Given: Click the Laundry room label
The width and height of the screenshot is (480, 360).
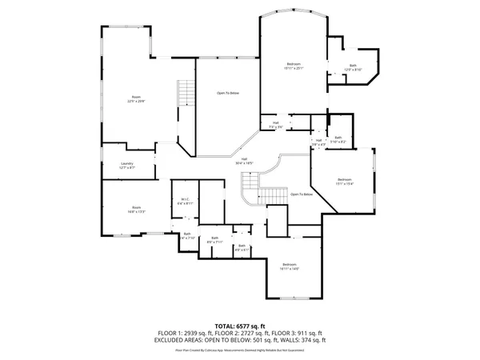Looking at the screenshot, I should [127, 166].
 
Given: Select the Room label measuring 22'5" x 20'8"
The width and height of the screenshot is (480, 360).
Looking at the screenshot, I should [135, 99].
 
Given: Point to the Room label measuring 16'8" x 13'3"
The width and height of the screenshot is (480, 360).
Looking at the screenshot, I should [136, 210].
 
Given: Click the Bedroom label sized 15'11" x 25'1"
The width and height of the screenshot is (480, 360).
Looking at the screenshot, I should [294, 66].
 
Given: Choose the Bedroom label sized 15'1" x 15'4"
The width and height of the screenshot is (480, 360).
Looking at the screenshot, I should [344, 181].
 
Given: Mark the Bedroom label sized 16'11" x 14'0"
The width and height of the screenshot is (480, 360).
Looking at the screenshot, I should [289, 266].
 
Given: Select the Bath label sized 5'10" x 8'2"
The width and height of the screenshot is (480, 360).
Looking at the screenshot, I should [338, 140].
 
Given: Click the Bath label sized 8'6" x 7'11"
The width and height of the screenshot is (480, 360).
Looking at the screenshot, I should [214, 240].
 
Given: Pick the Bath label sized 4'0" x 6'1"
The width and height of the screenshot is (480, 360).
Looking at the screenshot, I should [242, 248].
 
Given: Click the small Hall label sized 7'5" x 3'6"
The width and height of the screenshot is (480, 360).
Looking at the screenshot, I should [275, 125].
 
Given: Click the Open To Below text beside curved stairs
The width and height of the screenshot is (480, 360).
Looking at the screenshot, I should [301, 194].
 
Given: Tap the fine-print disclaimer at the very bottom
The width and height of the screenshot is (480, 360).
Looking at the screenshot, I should [240, 350].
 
